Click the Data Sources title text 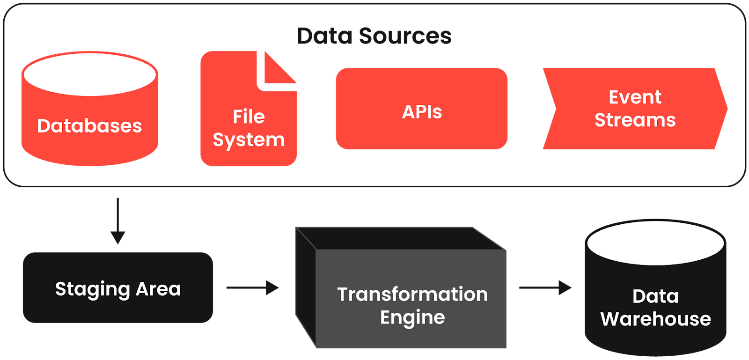(x=374, y=36)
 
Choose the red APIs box (x=421, y=109)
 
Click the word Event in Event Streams (x=635, y=97)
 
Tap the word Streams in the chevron (x=635, y=120)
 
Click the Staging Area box (x=117, y=287)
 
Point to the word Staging (x=92, y=290)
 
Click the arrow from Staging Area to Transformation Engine (x=252, y=287)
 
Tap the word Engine (x=412, y=318)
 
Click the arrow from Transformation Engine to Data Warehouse (x=545, y=287)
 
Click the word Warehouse (x=655, y=319)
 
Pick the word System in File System (x=249, y=140)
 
